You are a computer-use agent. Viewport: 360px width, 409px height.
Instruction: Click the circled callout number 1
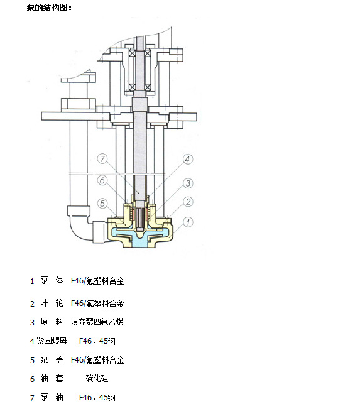click(x=188, y=222)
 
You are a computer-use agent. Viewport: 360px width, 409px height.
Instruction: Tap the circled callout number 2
click(x=188, y=202)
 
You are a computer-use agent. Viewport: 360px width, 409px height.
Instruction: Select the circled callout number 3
click(x=188, y=183)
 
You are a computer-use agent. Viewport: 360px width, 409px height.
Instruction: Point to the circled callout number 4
click(x=187, y=159)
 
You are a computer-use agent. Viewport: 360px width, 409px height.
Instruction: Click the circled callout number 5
click(x=102, y=203)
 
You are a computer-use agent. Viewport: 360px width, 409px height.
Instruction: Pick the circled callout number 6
click(x=102, y=180)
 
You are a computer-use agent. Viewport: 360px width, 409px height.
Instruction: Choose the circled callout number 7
click(x=102, y=158)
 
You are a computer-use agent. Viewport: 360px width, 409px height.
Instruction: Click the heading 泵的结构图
click(x=49, y=8)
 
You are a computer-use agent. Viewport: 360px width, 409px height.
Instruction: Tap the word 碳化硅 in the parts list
click(x=97, y=378)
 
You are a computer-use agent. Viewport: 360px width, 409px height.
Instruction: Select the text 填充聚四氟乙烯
click(x=97, y=322)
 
